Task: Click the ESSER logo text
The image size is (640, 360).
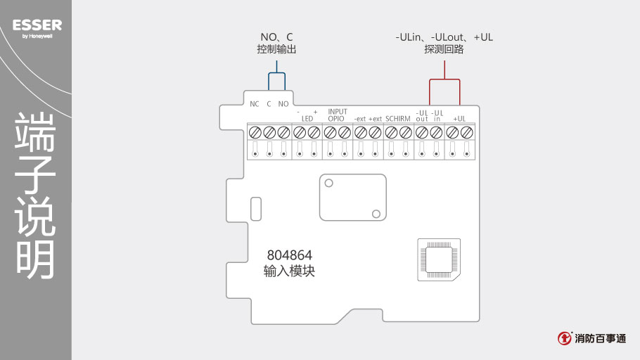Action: point(37,25)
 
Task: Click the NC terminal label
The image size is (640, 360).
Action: point(255,104)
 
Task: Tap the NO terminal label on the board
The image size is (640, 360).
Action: point(283,104)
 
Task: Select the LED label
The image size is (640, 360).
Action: point(307,119)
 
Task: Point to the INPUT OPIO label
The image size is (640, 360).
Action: point(338,115)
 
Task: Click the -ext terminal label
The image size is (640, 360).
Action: point(359,119)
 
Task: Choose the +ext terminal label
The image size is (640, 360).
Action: point(375,119)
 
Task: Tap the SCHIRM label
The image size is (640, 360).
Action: point(398,119)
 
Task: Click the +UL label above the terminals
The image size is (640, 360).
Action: point(460,119)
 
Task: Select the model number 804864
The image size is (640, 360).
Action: point(289,255)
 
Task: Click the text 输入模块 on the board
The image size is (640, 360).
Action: point(289,271)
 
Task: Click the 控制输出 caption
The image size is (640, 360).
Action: point(276,50)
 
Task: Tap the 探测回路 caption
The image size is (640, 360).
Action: point(444,50)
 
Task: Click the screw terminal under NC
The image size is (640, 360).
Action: point(255,132)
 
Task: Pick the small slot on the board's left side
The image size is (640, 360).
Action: point(255,208)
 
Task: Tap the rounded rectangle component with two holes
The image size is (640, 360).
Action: point(352,198)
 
